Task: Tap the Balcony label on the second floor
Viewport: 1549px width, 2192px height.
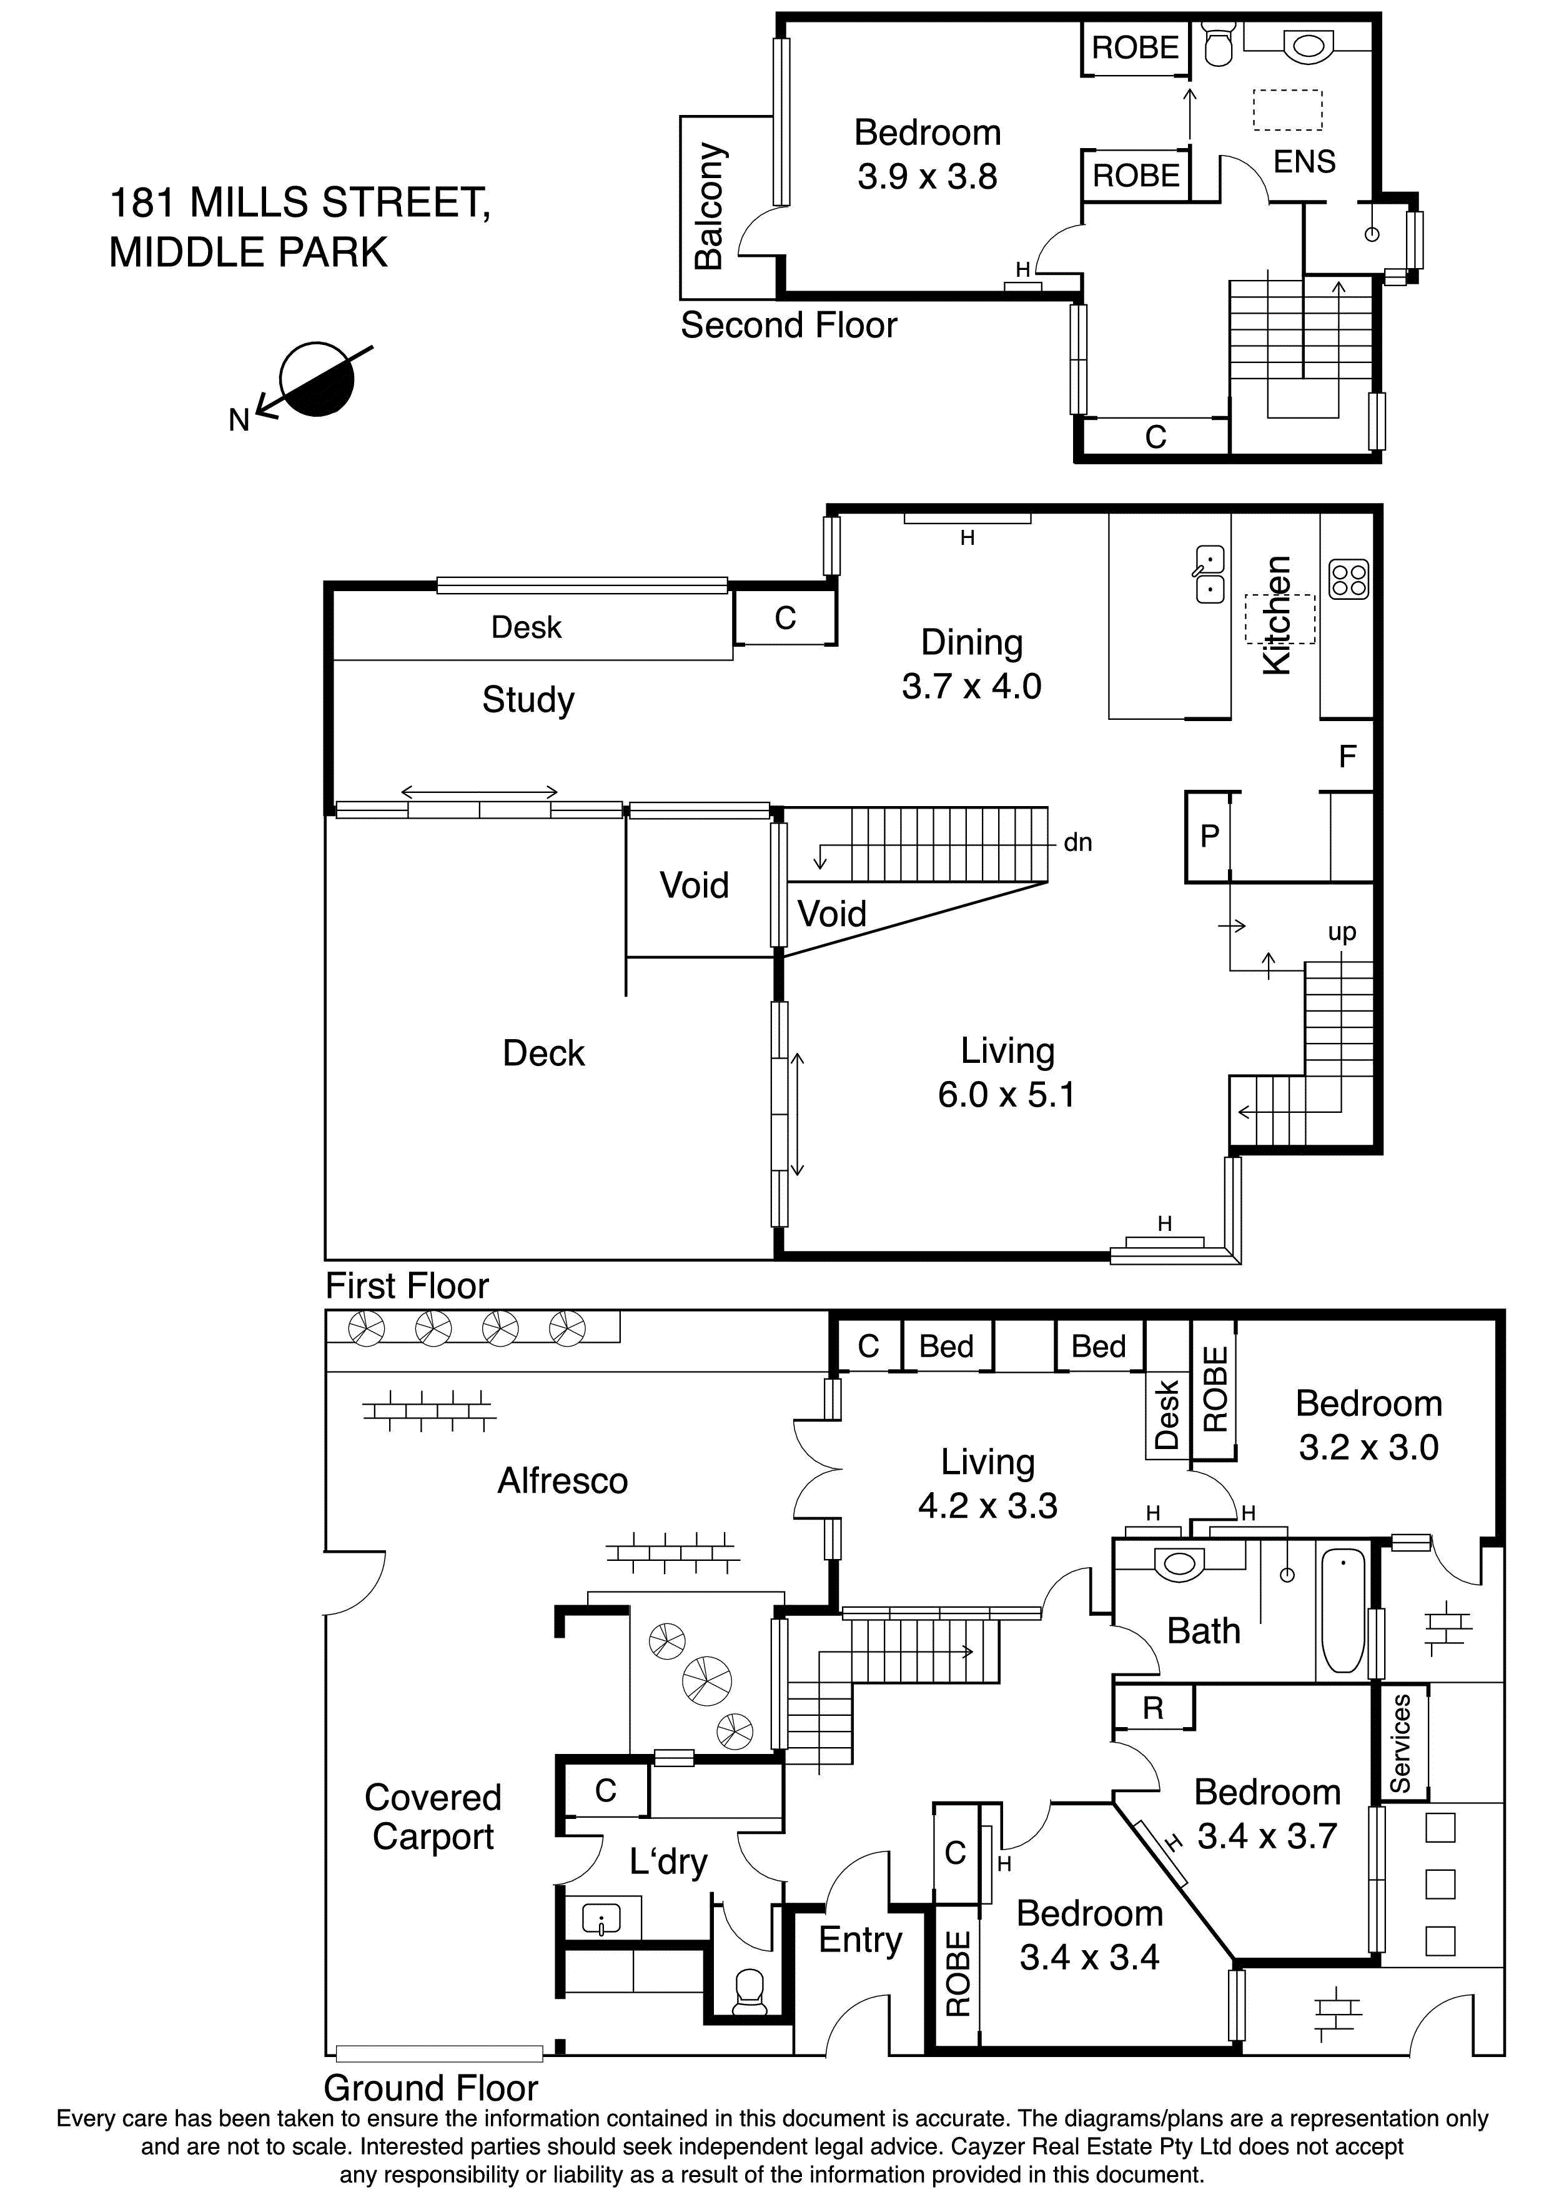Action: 709,207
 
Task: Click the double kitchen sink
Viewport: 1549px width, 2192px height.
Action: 1209,574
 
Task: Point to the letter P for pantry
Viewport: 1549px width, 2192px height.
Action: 1209,836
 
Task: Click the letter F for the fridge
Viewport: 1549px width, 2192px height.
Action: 1347,757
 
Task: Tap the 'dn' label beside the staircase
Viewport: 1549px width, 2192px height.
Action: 1077,842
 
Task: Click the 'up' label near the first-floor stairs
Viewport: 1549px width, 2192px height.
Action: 1341,932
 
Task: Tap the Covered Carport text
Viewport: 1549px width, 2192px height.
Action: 432,1817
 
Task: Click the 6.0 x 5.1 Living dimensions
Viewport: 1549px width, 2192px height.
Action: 1006,1094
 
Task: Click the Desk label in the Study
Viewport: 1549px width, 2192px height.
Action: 526,627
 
